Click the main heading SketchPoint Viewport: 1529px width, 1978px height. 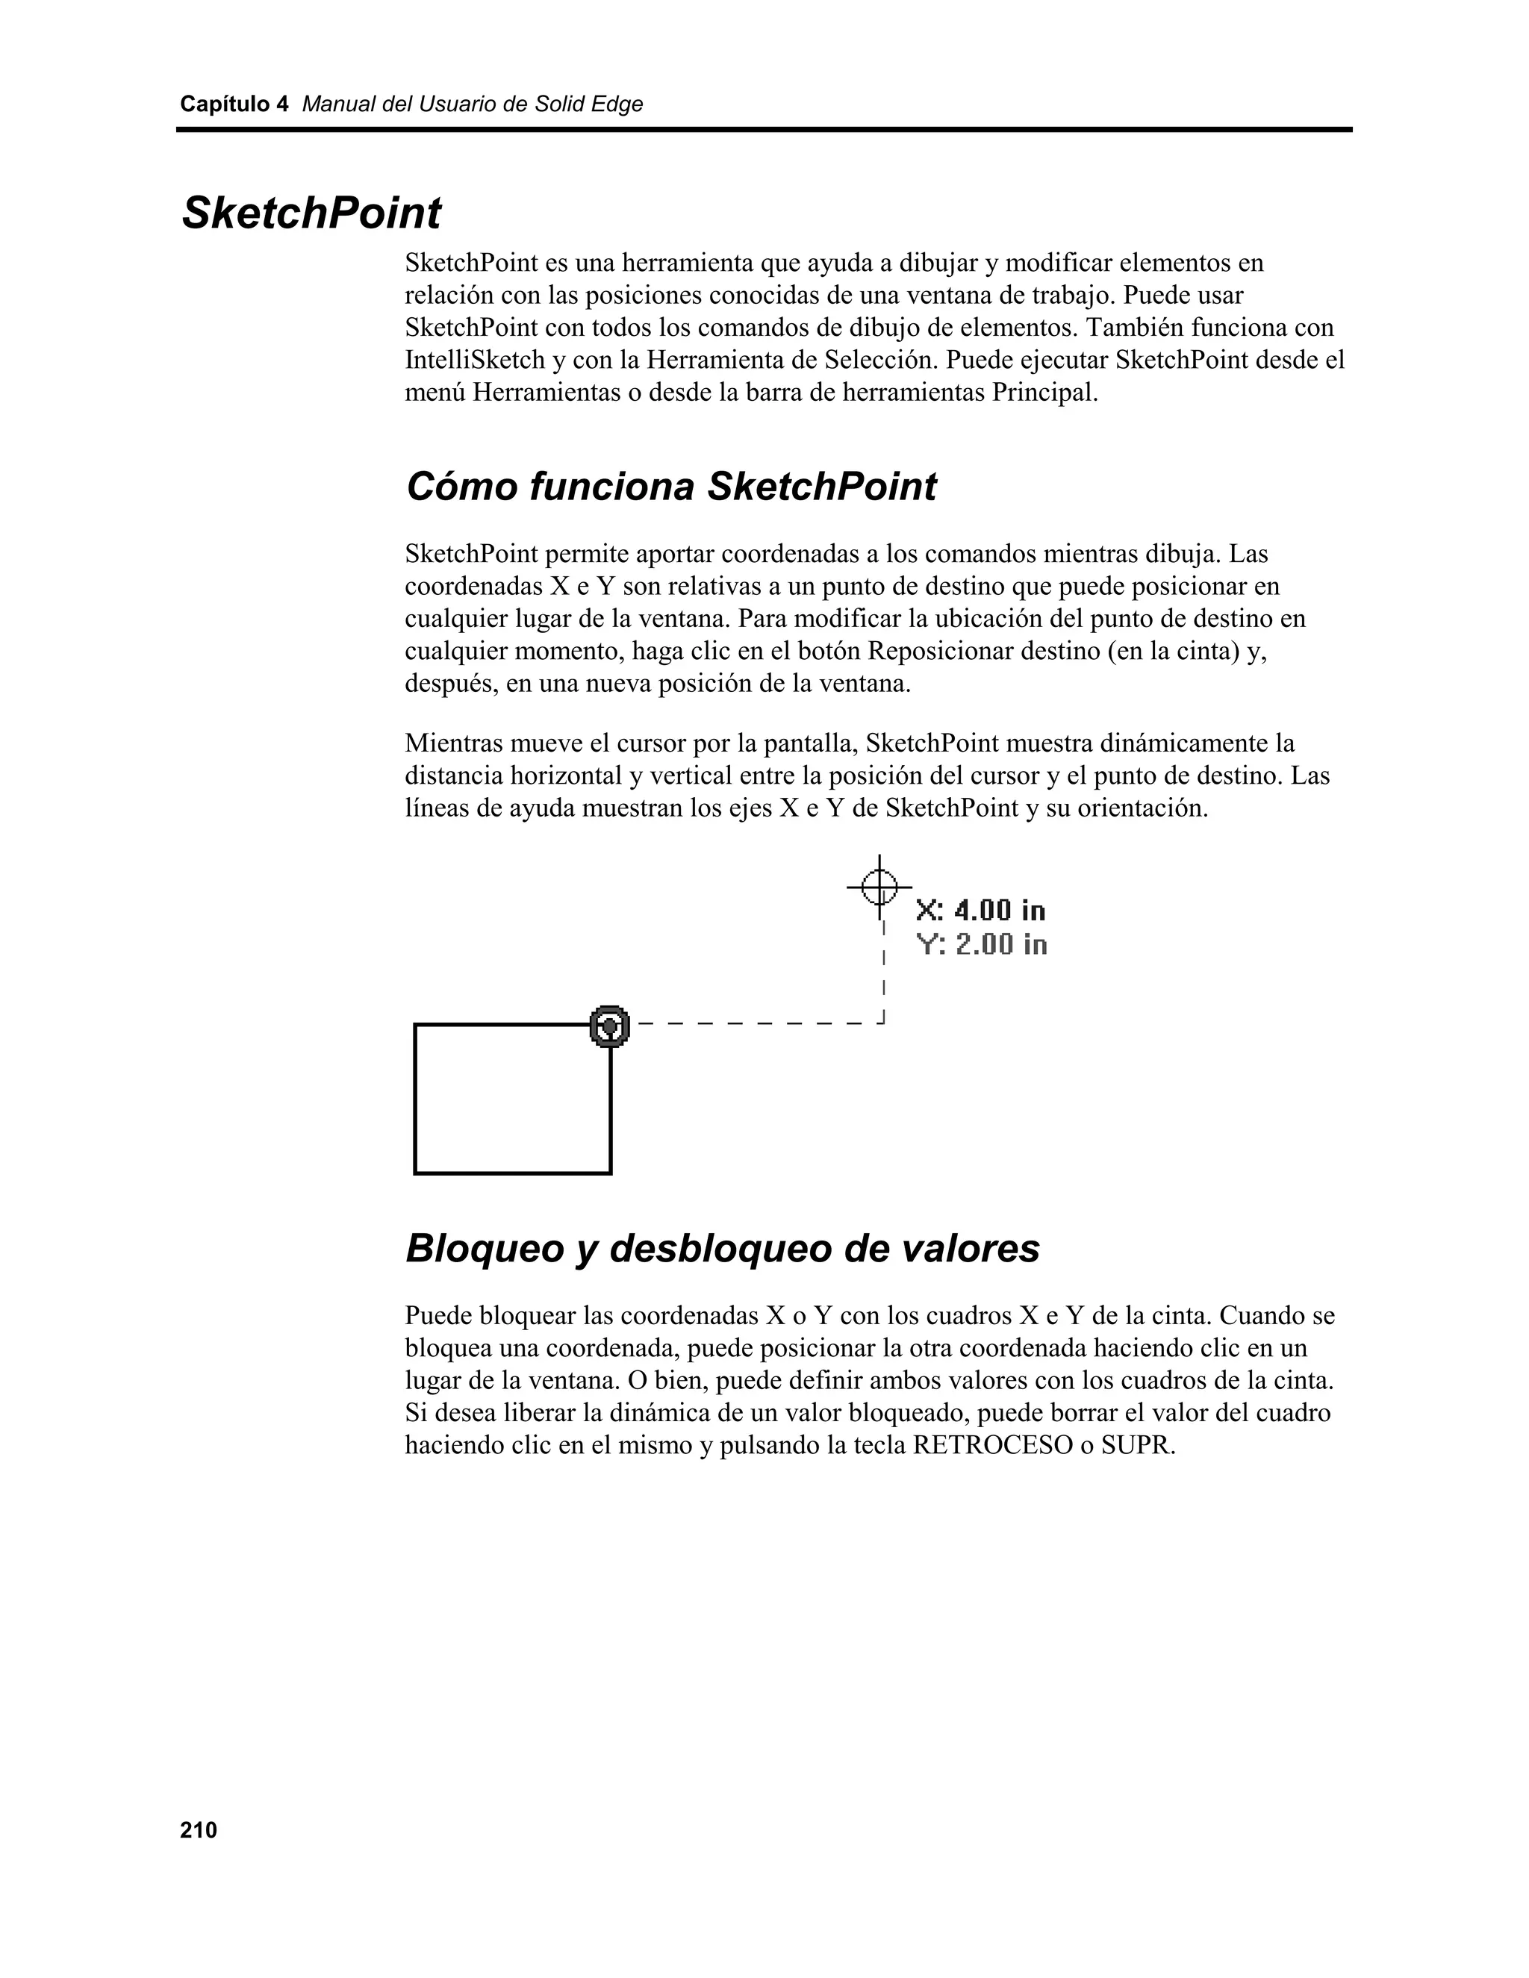(311, 213)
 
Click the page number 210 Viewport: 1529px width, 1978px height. (199, 1829)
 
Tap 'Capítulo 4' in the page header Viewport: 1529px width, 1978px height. (234, 104)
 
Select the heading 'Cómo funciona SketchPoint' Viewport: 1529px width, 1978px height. (670, 487)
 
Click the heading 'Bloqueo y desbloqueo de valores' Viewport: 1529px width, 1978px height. (722, 1249)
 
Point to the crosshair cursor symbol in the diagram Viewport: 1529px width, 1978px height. (879, 886)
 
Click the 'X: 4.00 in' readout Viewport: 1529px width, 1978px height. (981, 909)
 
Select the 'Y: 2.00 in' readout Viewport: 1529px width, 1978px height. (982, 945)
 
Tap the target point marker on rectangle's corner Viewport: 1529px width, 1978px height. (610, 1026)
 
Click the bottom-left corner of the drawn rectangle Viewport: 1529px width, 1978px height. (415, 1174)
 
